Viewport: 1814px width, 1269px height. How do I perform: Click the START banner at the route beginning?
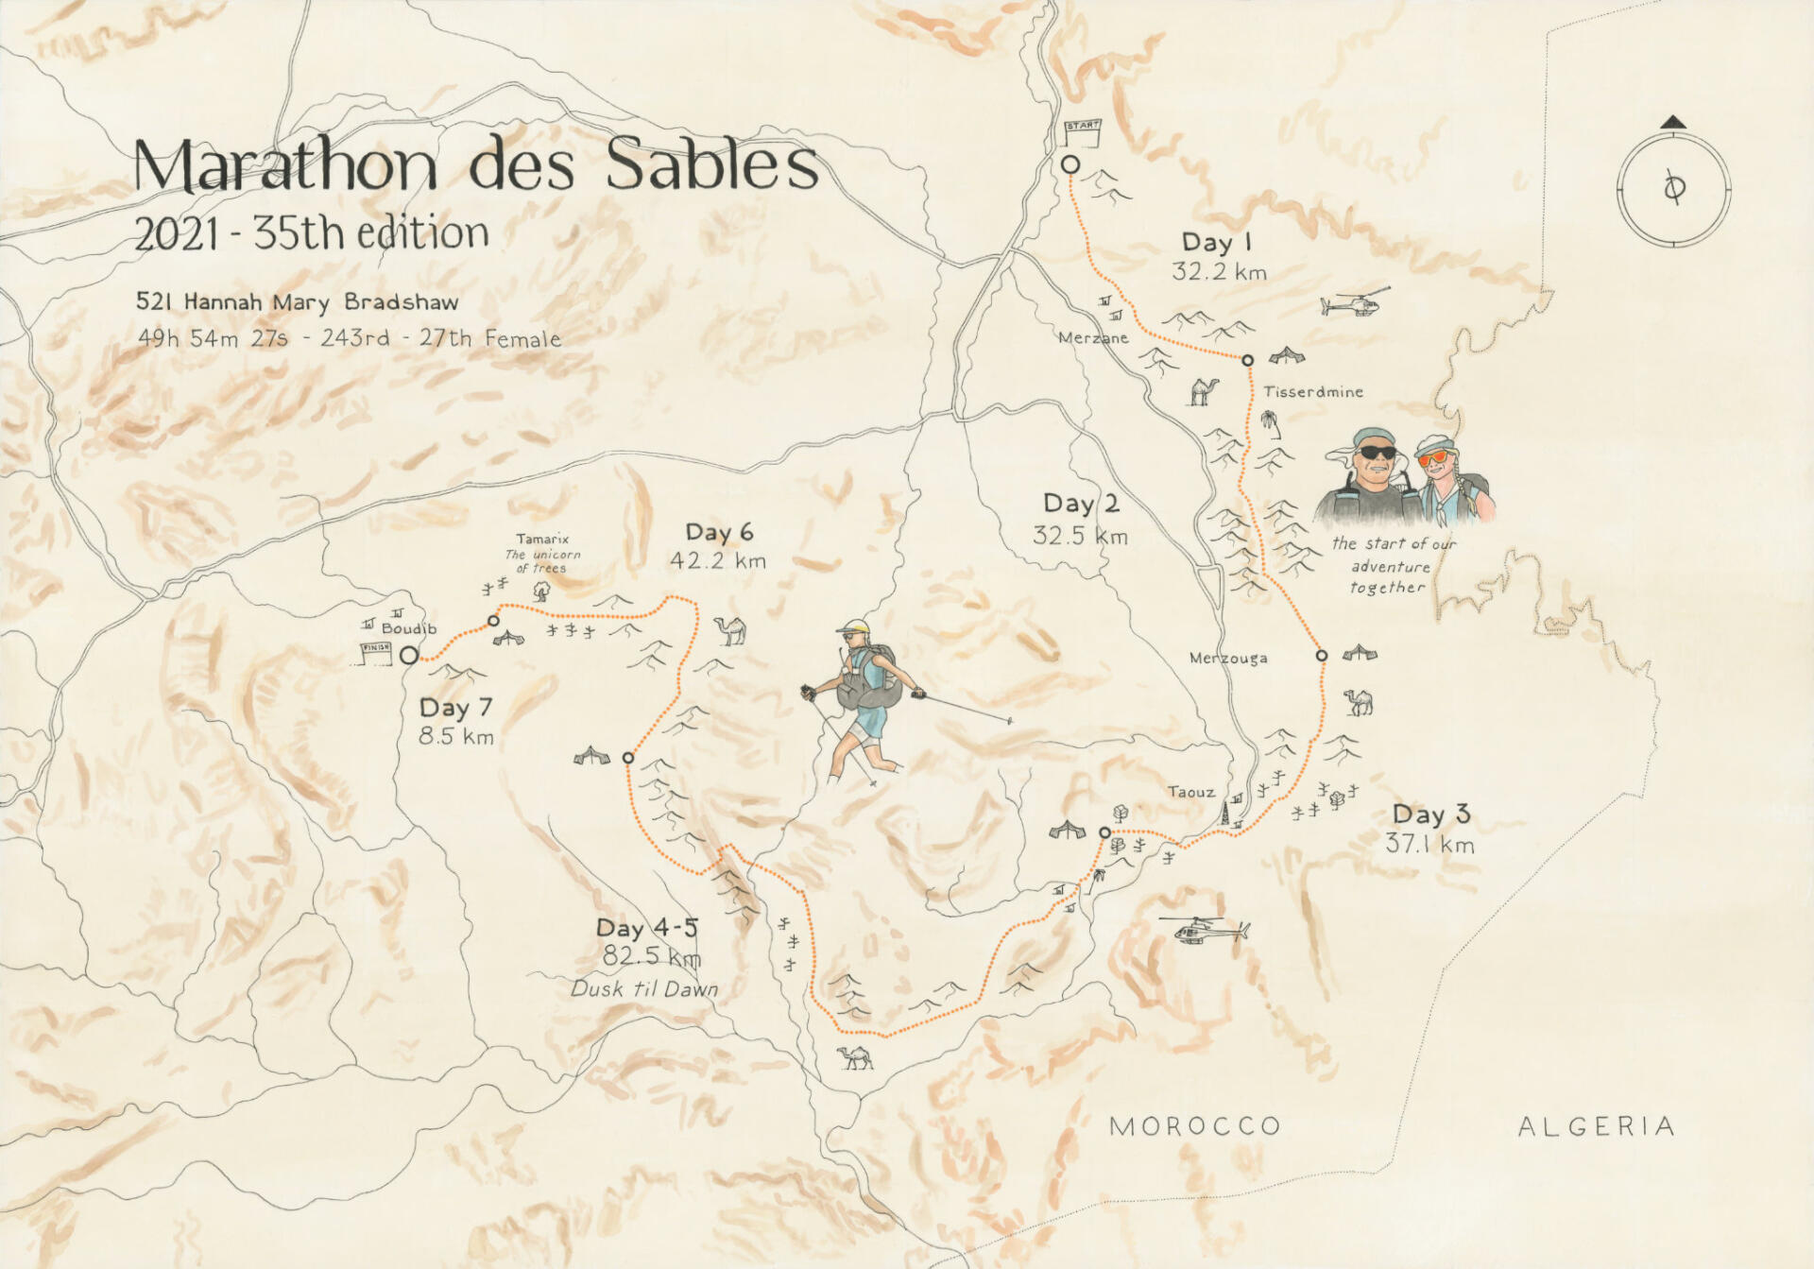1083,126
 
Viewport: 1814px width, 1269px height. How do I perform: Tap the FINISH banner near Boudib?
376,648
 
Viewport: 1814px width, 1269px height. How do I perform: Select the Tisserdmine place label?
1313,391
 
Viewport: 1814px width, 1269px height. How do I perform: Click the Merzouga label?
1228,658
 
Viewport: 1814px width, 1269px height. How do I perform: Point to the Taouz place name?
1190,792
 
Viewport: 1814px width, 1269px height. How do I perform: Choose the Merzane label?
1093,337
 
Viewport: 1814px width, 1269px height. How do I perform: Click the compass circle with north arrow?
1673,189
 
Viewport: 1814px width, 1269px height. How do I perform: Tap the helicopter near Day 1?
1353,303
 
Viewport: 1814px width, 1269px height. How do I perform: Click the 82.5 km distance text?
652,956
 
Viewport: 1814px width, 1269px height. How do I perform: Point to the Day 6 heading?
719,532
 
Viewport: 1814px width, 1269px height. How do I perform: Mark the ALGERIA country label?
1597,1126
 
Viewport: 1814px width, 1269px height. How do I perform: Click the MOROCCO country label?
1195,1126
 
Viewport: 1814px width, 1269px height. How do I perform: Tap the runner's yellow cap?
854,626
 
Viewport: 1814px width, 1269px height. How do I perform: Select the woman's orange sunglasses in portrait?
1434,457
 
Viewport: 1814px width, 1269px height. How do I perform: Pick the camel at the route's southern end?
855,1056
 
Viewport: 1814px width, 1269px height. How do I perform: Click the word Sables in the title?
710,164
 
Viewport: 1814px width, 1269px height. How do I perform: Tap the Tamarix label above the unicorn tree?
542,539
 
